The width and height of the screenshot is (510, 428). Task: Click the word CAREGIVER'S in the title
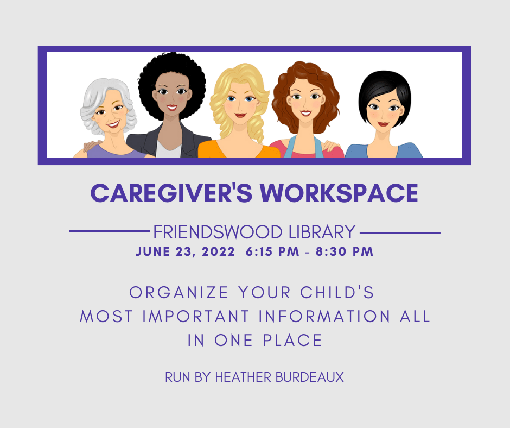pyautogui.click(x=171, y=193)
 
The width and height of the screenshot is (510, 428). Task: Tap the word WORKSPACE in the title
pyautogui.click(x=339, y=193)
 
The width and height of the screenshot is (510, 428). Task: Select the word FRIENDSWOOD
pyautogui.click(x=218, y=232)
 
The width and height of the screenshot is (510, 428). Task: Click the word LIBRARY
pyautogui.click(x=322, y=232)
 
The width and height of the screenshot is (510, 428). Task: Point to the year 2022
pyautogui.click(x=218, y=252)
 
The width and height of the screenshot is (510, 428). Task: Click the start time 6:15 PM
pyautogui.click(x=272, y=252)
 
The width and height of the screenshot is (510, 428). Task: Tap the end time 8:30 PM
pyautogui.click(x=345, y=252)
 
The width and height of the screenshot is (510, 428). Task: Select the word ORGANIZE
pyautogui.click(x=178, y=293)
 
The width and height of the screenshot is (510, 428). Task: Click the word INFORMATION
pyautogui.click(x=324, y=316)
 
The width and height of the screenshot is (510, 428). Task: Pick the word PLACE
pyautogui.click(x=292, y=341)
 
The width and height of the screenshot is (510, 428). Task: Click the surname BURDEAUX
pyautogui.click(x=309, y=377)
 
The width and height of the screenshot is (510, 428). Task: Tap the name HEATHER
pyautogui.click(x=243, y=377)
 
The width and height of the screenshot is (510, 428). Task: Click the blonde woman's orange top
pyautogui.click(x=239, y=150)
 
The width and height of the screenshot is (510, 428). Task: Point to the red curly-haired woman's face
pyautogui.click(x=305, y=100)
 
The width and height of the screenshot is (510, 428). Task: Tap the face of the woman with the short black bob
pyautogui.click(x=384, y=110)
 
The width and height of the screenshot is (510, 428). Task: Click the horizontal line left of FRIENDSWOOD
pyautogui.click(x=109, y=231)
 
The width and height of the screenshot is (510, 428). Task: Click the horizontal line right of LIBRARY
pyautogui.click(x=400, y=232)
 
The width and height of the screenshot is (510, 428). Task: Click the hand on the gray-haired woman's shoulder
pyautogui.click(x=92, y=145)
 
